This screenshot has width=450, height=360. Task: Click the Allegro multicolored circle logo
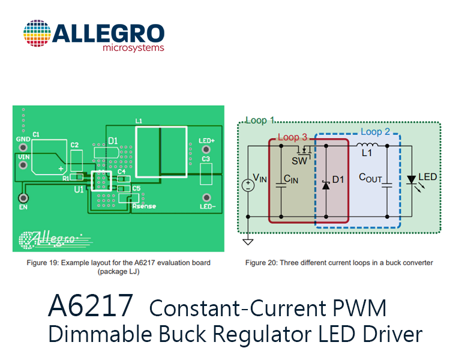(x=37, y=34)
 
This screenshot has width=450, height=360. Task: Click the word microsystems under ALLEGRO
(x=133, y=47)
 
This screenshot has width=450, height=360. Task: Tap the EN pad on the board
(x=23, y=198)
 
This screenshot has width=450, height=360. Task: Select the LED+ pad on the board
(x=206, y=149)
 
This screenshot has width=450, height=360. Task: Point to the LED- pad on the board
(x=206, y=197)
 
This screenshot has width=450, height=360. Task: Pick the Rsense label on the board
(x=144, y=206)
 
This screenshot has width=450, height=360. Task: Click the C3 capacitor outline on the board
(x=206, y=174)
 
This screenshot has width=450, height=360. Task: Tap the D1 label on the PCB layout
(x=113, y=141)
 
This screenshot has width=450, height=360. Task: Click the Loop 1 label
(x=260, y=120)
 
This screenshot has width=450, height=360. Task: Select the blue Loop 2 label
(x=376, y=132)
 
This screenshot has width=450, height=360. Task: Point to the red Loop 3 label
(x=292, y=137)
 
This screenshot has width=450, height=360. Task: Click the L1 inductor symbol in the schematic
(x=367, y=145)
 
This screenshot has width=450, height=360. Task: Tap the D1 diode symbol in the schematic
(x=326, y=185)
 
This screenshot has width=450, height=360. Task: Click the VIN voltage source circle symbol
(x=248, y=185)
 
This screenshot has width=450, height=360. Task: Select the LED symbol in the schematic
(x=412, y=180)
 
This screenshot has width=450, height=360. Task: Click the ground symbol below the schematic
(x=248, y=242)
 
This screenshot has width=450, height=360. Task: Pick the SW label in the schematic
(x=299, y=161)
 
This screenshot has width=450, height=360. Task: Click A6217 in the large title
(x=91, y=305)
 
